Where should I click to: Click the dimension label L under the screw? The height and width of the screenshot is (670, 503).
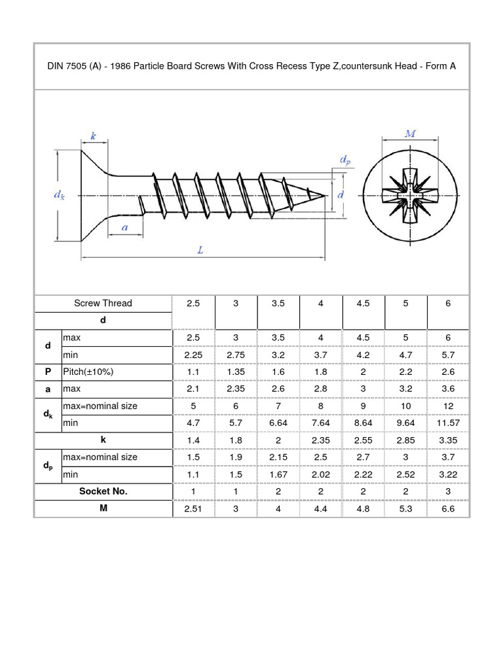pos(200,249)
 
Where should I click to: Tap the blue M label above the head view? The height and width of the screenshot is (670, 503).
pos(411,133)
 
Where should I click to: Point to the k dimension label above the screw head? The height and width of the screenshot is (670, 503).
pos(93,136)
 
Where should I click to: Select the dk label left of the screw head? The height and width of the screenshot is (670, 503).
pos(58,195)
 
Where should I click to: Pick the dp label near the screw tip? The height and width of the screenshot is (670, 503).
pos(345,159)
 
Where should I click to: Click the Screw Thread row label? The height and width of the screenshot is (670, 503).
pos(103,303)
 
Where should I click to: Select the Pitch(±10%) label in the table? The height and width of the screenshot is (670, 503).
pos(88,372)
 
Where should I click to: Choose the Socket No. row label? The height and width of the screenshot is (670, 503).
pos(103,491)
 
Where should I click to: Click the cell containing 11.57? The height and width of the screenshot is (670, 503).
pos(448,423)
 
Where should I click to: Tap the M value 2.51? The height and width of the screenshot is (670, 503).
pos(193,508)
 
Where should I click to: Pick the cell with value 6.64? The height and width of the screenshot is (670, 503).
pos(278,423)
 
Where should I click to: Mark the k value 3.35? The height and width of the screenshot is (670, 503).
pos(448,440)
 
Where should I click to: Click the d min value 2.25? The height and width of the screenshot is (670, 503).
pos(193,355)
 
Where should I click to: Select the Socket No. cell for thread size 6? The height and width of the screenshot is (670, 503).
pos(448,491)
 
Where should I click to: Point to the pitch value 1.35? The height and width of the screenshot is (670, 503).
pos(236,372)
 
